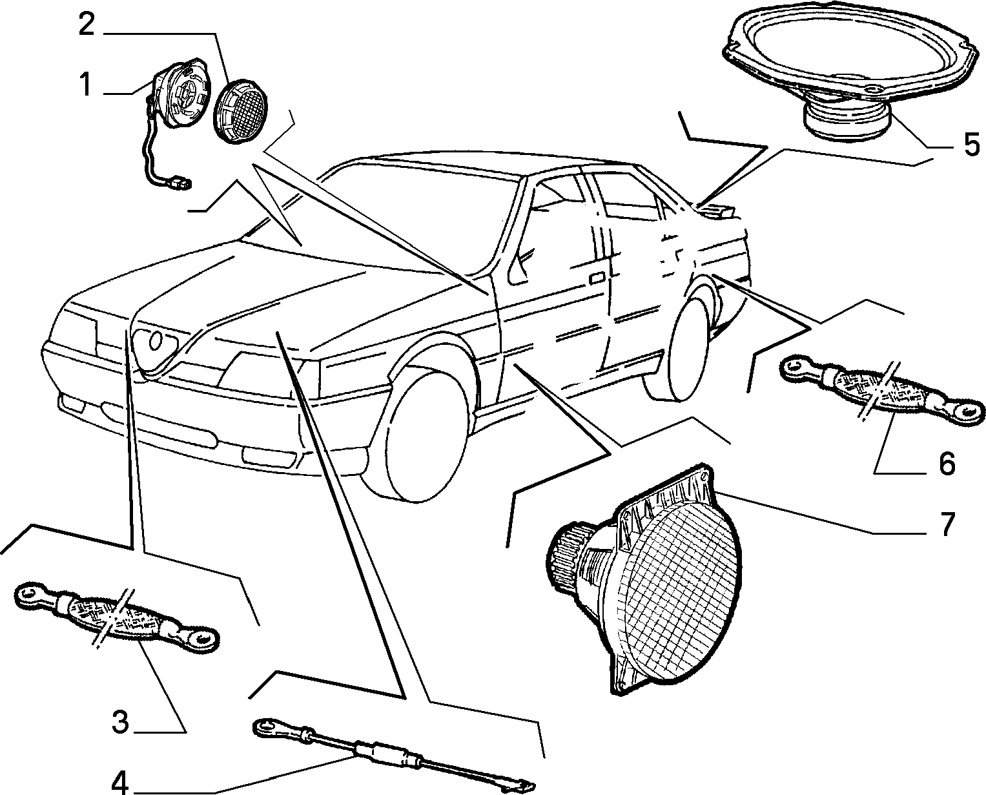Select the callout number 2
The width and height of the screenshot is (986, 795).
click(x=87, y=24)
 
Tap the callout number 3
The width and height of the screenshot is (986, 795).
click(x=121, y=721)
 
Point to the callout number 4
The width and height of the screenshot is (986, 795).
click(x=119, y=782)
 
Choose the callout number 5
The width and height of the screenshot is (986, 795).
click(x=971, y=144)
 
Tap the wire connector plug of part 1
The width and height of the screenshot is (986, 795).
click(x=181, y=184)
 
